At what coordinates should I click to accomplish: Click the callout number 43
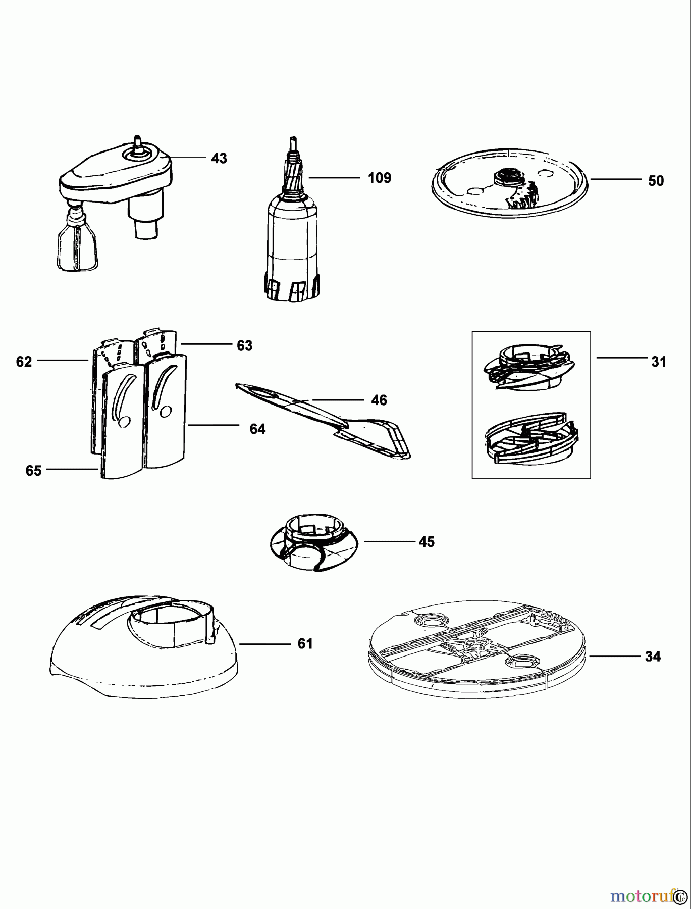pyautogui.click(x=219, y=159)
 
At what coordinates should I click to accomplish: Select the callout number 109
pyautogui.click(x=379, y=178)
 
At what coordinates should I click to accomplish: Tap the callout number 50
pyautogui.click(x=655, y=181)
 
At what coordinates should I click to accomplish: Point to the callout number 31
pyautogui.click(x=658, y=362)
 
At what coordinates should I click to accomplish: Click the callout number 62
pyautogui.click(x=24, y=362)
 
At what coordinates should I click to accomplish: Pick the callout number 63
pyautogui.click(x=244, y=346)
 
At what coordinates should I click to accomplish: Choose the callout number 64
pyautogui.click(x=257, y=429)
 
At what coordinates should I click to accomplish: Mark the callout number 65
pyautogui.click(x=33, y=471)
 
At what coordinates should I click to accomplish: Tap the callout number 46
pyautogui.click(x=379, y=400)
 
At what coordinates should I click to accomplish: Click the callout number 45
pyautogui.click(x=426, y=542)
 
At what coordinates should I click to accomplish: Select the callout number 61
pyautogui.click(x=304, y=644)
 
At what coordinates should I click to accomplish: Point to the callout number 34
pyautogui.click(x=652, y=657)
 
